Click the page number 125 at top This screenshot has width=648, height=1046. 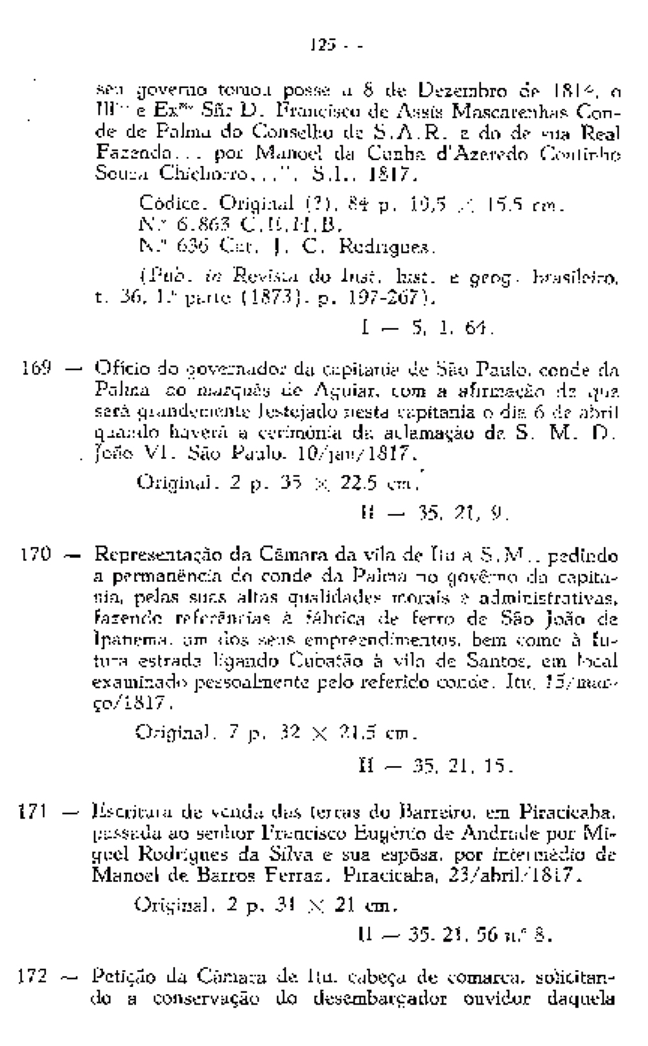point(323,47)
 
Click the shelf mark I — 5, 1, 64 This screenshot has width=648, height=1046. point(428,329)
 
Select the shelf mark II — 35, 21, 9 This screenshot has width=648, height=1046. point(434,515)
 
